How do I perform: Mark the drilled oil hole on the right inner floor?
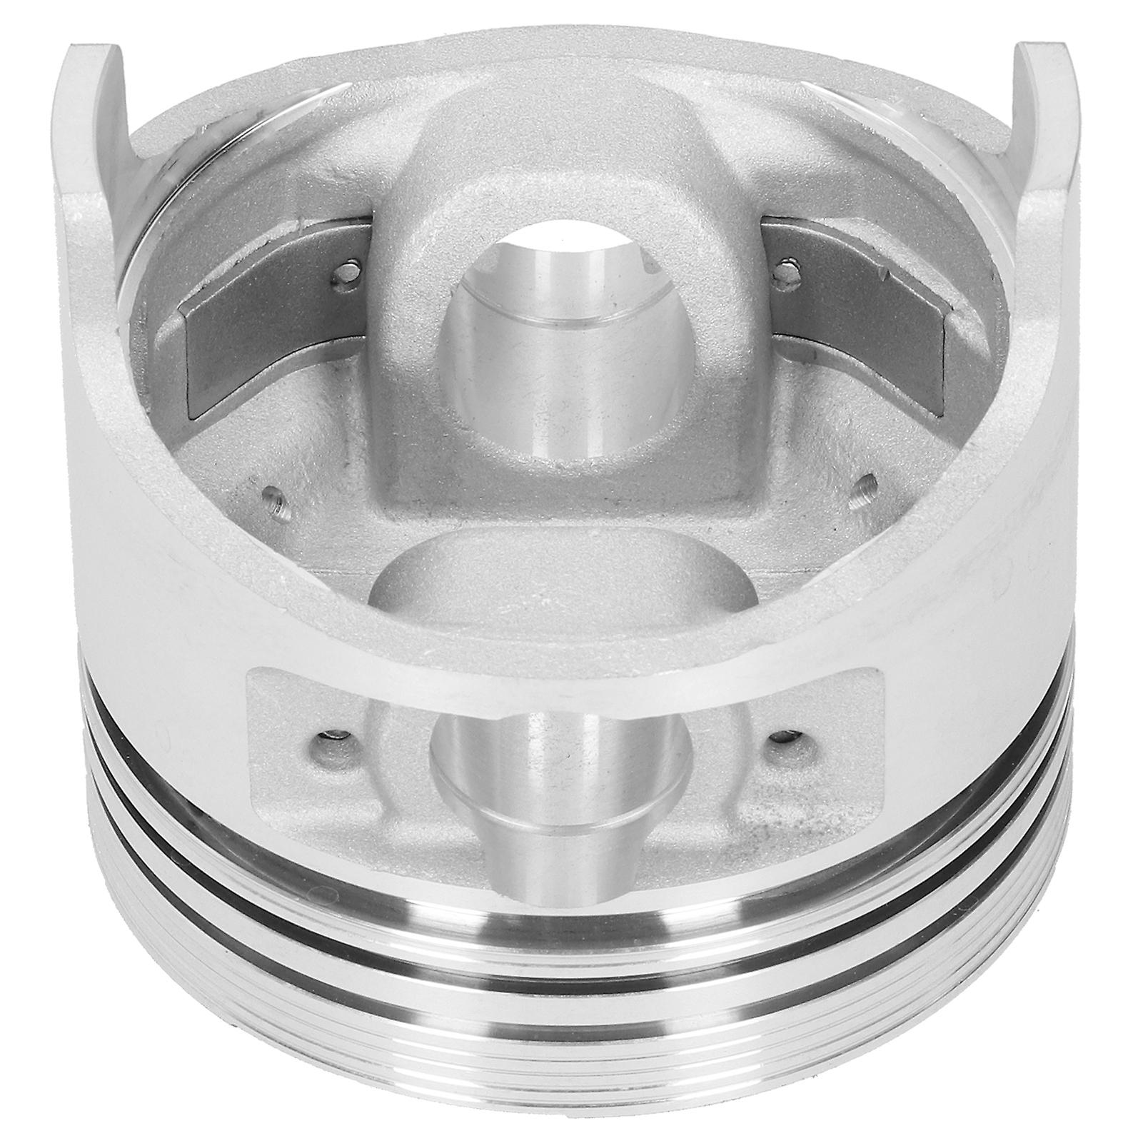[x=866, y=485]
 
